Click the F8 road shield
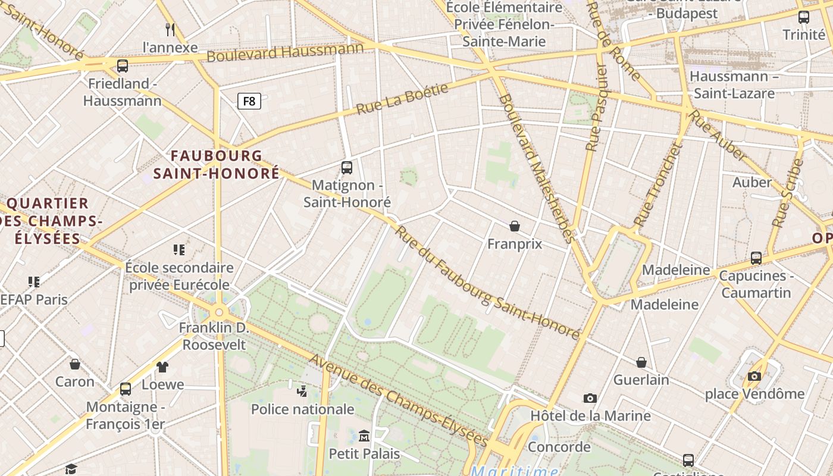249,101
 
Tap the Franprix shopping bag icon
515,226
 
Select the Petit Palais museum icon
364,436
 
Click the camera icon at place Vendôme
754,376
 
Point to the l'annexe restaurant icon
170,29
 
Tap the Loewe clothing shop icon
162,367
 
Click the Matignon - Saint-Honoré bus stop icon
347,167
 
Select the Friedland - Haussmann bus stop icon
123,65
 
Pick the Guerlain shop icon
641,362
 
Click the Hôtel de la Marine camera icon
590,398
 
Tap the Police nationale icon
302,391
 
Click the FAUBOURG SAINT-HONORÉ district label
217,164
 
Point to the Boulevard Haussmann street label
285,52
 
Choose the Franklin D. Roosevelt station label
214,336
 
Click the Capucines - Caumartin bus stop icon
756,258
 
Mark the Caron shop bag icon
75,364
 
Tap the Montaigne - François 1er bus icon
126,389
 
